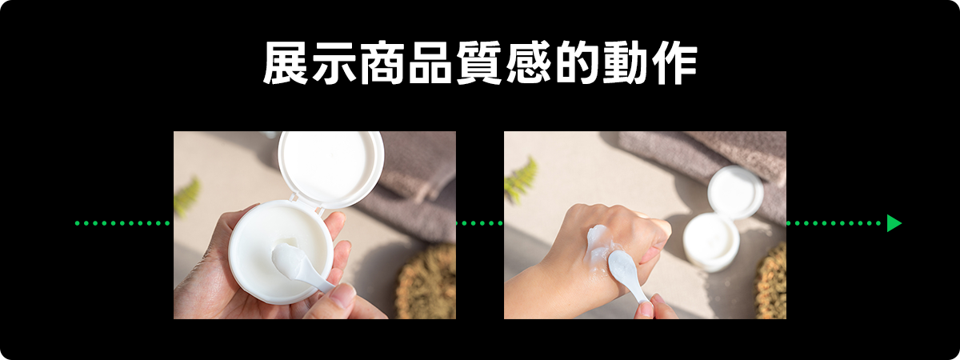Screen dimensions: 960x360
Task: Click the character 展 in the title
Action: (x=286, y=62)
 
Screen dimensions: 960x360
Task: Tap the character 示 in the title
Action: (x=334, y=62)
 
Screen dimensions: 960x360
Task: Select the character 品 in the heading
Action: (x=430, y=62)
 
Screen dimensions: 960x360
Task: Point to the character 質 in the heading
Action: (x=478, y=62)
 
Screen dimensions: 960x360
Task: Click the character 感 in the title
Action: (x=527, y=62)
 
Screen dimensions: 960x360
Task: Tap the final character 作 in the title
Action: (x=674, y=62)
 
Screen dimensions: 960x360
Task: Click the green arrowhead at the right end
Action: (x=894, y=223)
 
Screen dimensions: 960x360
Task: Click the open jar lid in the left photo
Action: (x=330, y=169)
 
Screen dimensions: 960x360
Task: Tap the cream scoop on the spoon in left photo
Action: (x=290, y=258)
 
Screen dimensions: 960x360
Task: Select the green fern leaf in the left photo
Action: (x=187, y=197)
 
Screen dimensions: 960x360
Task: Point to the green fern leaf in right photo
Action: (x=521, y=180)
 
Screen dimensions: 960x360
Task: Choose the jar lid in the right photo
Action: (x=735, y=193)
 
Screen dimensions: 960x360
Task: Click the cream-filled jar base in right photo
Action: (x=711, y=242)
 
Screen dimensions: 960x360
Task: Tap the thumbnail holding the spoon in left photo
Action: (x=342, y=296)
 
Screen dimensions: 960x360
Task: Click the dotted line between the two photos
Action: (x=479, y=223)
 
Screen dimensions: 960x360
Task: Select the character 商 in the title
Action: (x=382, y=62)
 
